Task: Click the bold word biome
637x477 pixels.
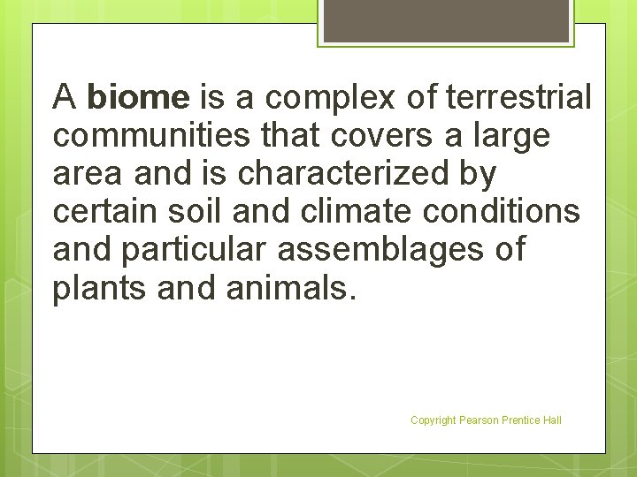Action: [x=139, y=96]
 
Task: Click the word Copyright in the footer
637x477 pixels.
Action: [x=433, y=420]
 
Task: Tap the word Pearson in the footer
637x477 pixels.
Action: [x=478, y=420]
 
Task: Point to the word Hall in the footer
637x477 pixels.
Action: [x=551, y=420]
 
